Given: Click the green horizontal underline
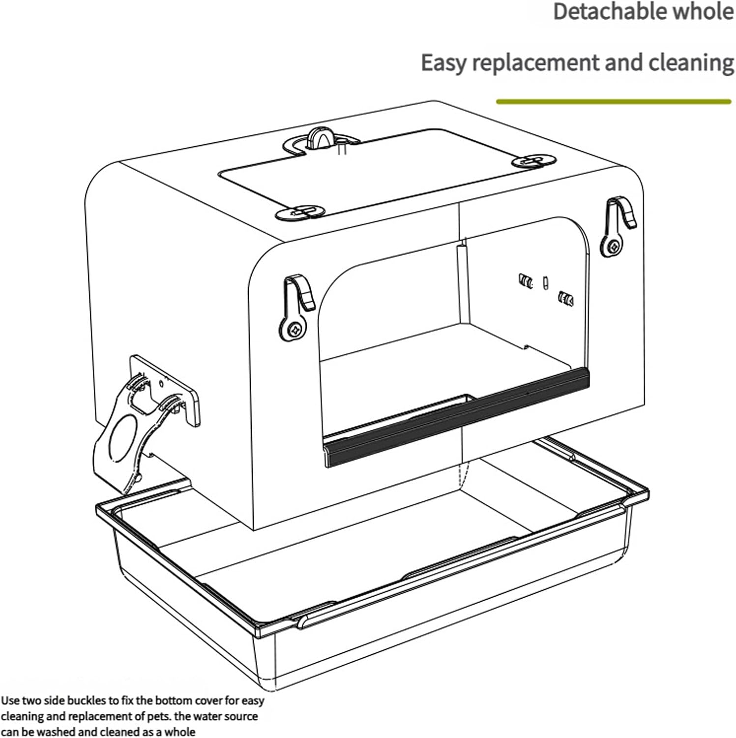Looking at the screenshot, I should (x=614, y=102).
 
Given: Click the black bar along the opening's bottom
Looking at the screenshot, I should (x=457, y=416).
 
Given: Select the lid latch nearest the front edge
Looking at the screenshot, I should (x=300, y=212).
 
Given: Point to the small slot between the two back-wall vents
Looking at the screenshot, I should (x=544, y=283).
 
